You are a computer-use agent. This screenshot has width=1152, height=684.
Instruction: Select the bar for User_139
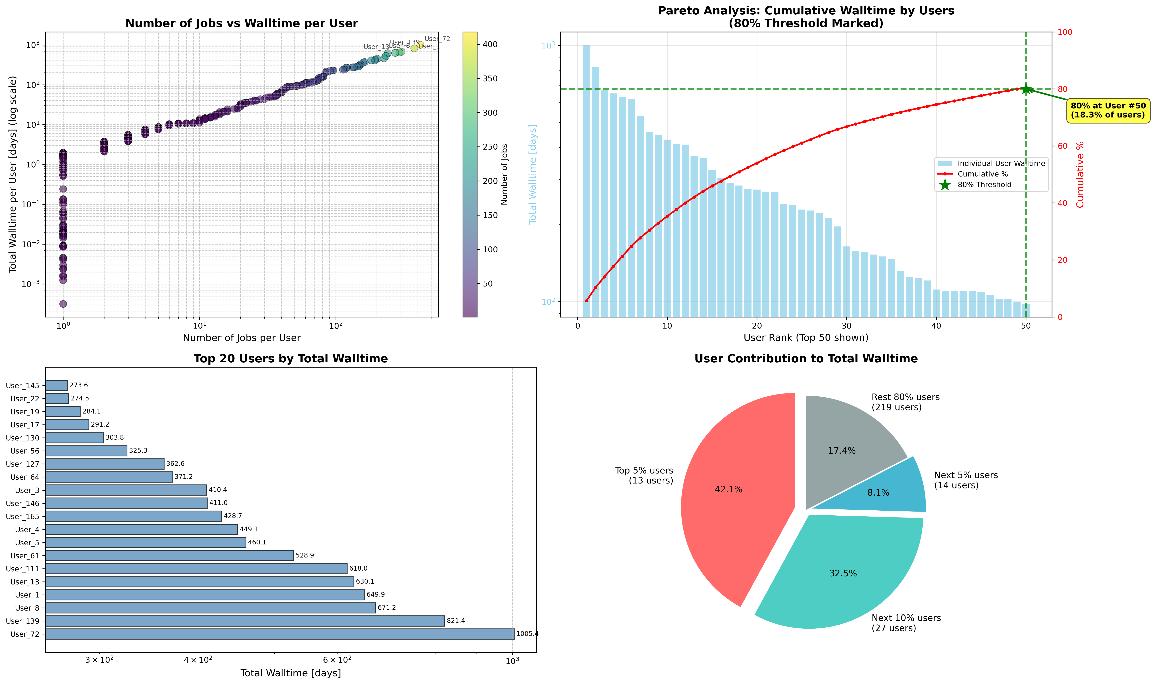click(x=245, y=621)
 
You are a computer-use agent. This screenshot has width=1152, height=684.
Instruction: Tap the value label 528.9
click(x=304, y=555)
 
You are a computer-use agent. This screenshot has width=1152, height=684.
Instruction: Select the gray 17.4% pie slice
click(x=844, y=443)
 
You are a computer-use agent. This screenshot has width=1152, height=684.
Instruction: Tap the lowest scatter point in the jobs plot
click(x=63, y=304)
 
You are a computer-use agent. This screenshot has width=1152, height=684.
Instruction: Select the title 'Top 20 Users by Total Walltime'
click(x=291, y=359)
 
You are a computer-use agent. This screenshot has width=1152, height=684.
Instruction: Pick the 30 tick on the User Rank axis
click(x=846, y=325)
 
